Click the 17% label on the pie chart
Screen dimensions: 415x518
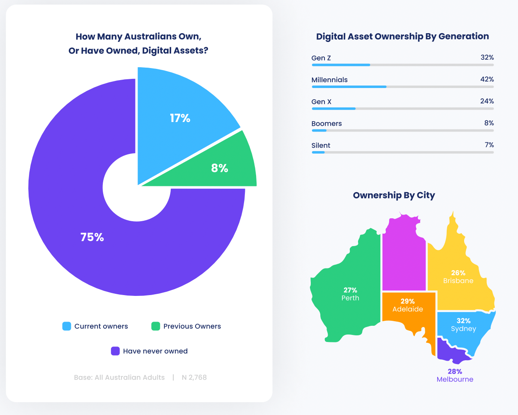[x=180, y=118]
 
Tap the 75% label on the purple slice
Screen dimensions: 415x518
[x=92, y=237]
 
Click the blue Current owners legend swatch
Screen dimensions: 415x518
[x=67, y=326]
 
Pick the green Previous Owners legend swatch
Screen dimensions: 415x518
[x=156, y=326]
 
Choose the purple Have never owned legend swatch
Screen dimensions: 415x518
[x=115, y=351]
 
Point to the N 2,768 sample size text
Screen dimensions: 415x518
[x=194, y=378]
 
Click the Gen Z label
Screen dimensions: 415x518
[x=321, y=58]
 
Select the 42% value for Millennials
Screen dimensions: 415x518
[x=487, y=79]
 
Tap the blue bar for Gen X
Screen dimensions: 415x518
[x=334, y=109]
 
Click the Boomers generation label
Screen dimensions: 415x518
[x=327, y=124]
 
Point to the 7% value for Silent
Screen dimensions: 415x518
[x=489, y=145]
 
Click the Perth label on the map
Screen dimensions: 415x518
[x=350, y=298]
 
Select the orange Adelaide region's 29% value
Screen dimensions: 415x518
[x=407, y=301]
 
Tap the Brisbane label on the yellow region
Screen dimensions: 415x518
[x=458, y=281]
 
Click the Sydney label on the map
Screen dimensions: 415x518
[x=463, y=329]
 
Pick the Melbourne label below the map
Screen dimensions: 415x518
[x=455, y=379]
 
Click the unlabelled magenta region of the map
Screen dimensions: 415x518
[x=404, y=257]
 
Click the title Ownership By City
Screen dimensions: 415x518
[x=394, y=195]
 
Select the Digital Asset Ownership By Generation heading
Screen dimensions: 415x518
[x=402, y=37]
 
